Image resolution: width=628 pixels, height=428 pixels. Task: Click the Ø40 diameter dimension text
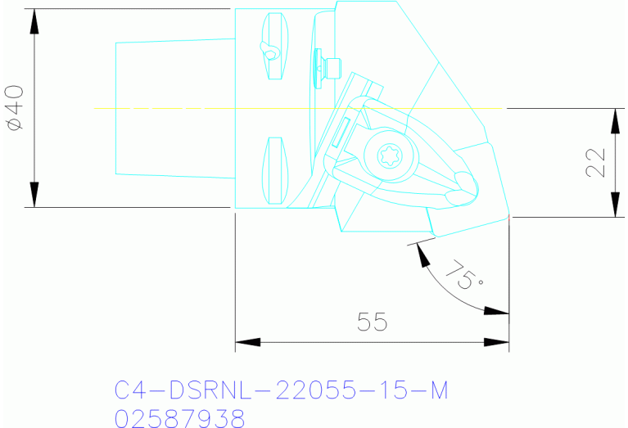point(16,107)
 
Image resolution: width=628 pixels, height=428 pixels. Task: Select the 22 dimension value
point(596,162)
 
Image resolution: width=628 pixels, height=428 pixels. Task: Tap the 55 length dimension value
point(372,322)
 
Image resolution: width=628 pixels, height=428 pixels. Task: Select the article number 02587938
point(179,418)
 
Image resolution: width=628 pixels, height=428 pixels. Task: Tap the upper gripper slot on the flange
point(273,48)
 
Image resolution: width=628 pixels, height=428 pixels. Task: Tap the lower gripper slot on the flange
point(273,170)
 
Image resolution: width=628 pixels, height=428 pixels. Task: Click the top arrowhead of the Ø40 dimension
point(34,20)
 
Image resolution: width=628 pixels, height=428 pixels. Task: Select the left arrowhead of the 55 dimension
point(247,341)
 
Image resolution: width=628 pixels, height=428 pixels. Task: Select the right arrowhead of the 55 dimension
point(496,341)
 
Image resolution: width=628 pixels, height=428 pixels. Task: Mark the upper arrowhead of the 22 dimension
point(614,119)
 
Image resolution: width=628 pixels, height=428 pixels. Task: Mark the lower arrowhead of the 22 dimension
point(614,206)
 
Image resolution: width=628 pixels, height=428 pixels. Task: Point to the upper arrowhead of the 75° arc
point(422,254)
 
